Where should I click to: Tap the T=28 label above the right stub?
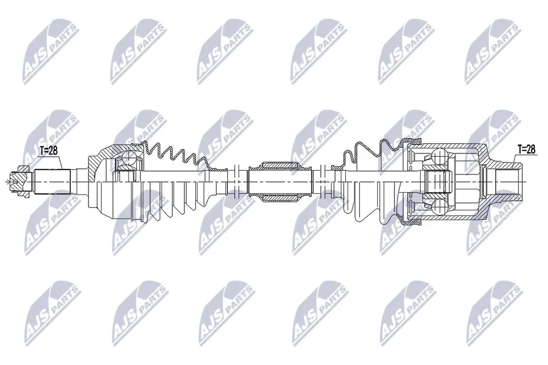[x=526, y=149]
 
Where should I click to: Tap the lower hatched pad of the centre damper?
[x=279, y=197]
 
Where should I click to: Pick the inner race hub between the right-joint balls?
[x=439, y=181]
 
